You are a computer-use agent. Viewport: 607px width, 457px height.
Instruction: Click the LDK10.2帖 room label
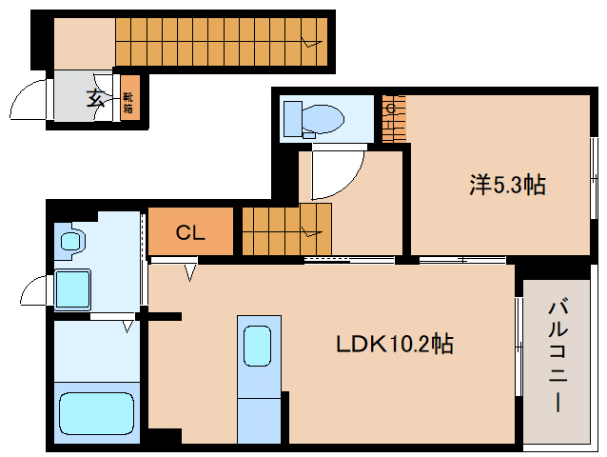coord(394,344)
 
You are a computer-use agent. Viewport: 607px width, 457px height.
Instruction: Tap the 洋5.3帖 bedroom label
coord(507,185)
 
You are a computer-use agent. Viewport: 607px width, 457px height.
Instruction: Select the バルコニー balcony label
coord(558,356)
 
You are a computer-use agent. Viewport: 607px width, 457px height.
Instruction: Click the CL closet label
coord(190,232)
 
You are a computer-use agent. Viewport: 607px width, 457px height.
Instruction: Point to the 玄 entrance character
coord(94,98)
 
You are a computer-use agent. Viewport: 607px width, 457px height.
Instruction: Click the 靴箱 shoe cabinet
coord(129,98)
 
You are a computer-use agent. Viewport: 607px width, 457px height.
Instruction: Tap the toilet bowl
coord(323,118)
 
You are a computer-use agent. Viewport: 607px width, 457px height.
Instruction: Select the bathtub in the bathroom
coord(97,413)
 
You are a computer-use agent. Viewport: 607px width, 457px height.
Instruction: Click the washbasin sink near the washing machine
coord(70,241)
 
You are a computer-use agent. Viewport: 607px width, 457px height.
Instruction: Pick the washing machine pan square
coord(72,288)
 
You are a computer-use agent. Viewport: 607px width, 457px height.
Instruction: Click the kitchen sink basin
coord(257,346)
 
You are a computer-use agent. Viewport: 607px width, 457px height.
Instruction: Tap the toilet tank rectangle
coord(293,119)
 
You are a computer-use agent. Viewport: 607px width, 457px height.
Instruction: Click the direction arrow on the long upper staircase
coord(312,42)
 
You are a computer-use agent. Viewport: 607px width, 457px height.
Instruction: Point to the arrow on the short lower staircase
coord(312,232)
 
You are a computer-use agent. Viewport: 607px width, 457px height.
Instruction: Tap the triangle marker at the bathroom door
coord(127,327)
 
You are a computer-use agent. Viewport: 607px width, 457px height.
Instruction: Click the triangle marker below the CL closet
coord(189,272)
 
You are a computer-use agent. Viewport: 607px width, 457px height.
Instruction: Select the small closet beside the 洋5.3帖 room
coord(394,118)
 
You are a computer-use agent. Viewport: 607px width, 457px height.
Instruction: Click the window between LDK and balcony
coord(518,347)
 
